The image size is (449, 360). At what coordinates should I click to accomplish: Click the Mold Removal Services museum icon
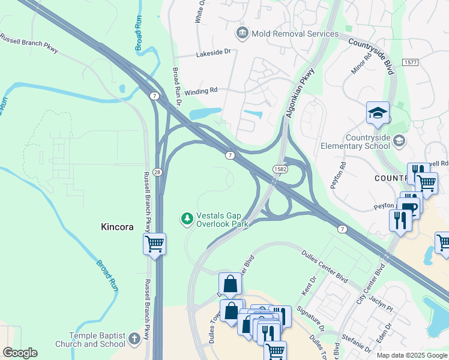[243, 32]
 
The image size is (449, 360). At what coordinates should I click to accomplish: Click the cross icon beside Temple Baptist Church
[134, 337]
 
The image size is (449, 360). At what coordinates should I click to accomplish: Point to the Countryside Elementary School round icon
[400, 140]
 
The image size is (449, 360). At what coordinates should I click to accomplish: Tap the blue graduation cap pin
[378, 113]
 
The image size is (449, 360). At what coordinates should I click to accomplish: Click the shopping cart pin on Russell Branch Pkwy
[154, 244]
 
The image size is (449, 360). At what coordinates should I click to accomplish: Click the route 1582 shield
[279, 170]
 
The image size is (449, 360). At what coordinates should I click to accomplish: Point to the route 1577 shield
[411, 62]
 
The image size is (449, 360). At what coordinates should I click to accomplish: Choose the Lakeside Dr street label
[213, 53]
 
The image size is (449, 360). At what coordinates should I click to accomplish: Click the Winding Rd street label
[200, 91]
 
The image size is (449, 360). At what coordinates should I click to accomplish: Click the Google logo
[20, 353]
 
